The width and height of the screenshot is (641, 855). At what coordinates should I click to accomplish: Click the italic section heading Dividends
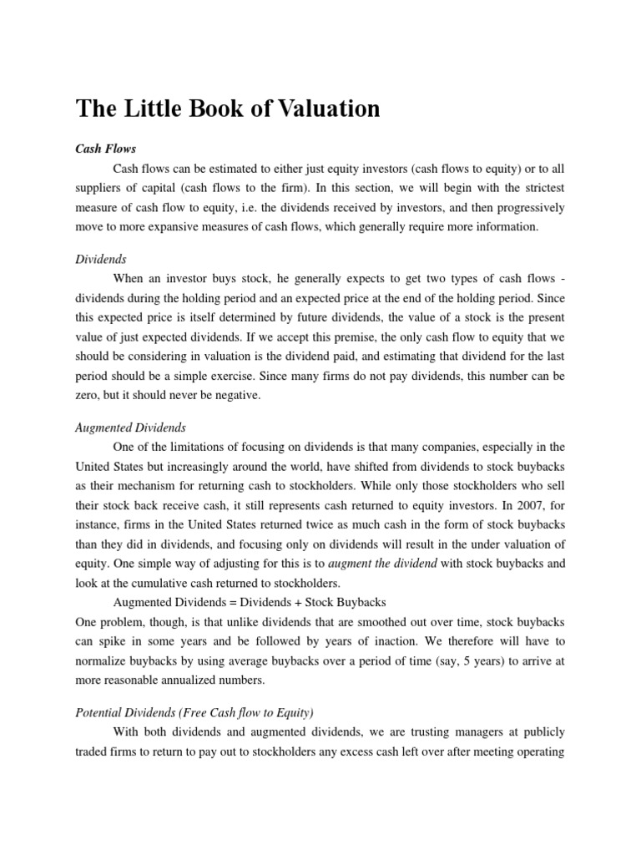(x=101, y=260)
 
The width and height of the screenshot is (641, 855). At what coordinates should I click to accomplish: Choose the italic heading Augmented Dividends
(x=130, y=427)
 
